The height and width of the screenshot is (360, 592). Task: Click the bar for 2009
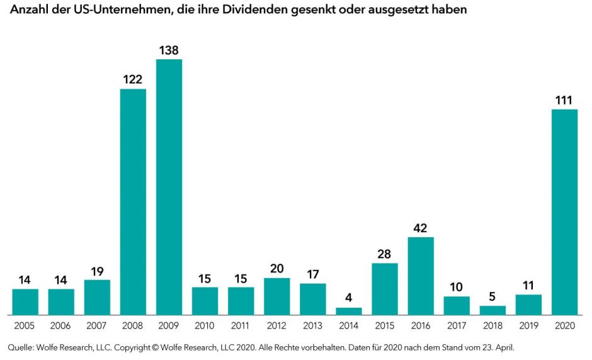point(169,187)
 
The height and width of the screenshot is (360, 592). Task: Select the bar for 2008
point(133,201)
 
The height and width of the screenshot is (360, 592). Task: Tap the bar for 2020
point(564,212)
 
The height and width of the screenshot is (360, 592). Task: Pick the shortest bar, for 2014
point(349,311)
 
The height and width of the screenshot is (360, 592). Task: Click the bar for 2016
point(421,276)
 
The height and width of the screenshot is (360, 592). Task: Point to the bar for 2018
point(492,310)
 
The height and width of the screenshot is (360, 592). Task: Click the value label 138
point(169,50)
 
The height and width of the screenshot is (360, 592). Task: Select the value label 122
point(133,79)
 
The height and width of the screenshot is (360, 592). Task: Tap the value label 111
point(564,100)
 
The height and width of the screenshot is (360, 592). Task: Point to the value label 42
point(421,228)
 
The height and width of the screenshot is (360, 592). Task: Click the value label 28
point(385,254)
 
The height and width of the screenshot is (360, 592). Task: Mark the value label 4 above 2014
point(349,298)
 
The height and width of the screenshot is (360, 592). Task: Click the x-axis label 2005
point(25,325)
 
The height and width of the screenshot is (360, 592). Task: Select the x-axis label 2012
point(276,325)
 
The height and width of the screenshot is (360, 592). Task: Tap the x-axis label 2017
point(457,325)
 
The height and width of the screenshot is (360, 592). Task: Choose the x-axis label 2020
point(564,325)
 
